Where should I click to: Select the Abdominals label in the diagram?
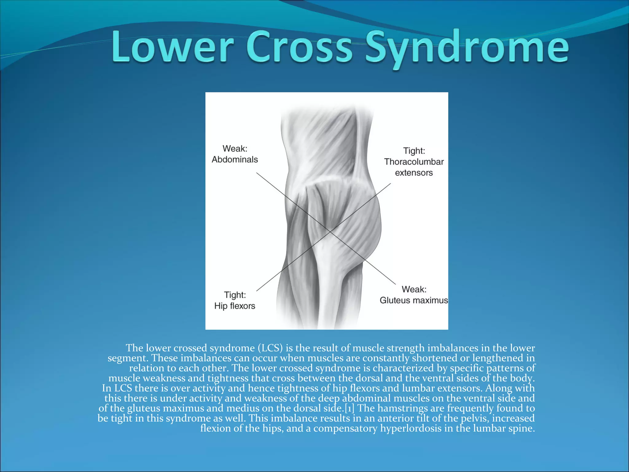point(235,159)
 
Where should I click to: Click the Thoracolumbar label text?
point(414,162)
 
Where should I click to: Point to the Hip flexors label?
point(235,306)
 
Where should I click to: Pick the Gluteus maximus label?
point(414,300)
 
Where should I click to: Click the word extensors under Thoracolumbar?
point(414,173)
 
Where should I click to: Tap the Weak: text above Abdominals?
point(235,149)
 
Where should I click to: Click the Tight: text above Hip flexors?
point(235,295)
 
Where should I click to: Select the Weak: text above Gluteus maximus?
point(414,289)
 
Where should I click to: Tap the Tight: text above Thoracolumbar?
point(414,151)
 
